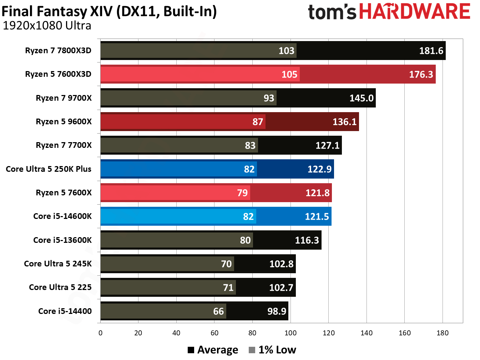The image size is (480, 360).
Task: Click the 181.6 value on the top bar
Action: pos(431,51)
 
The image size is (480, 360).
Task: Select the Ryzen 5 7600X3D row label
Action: pos(58,74)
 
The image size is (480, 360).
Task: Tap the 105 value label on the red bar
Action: pos(289,74)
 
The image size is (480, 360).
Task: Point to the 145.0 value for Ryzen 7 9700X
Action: pos(361,98)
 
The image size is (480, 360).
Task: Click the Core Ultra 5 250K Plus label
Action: pos(49,169)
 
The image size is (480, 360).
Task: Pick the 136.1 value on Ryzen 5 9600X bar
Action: pos(344,122)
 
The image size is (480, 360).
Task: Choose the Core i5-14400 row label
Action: pos(65,311)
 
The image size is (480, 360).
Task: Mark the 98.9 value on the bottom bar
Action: pos(277,311)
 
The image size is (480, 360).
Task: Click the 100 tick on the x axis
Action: pos(290,333)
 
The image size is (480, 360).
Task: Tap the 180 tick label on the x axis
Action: pos(442,333)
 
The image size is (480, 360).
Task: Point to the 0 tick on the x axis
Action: pos(100,333)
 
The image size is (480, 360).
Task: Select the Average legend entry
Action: pos(213,350)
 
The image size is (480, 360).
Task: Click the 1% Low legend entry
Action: pos(273,350)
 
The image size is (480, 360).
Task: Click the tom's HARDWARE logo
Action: pos(389,12)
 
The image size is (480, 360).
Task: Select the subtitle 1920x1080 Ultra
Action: pos(47,26)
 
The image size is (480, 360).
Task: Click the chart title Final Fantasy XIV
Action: pos(109,11)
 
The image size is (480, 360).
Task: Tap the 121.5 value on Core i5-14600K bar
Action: pos(317,216)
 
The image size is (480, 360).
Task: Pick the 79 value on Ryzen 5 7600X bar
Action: pos(242,193)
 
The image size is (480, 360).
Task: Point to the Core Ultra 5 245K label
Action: pos(58,264)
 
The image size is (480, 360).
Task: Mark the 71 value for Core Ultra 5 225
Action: pos(228,287)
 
